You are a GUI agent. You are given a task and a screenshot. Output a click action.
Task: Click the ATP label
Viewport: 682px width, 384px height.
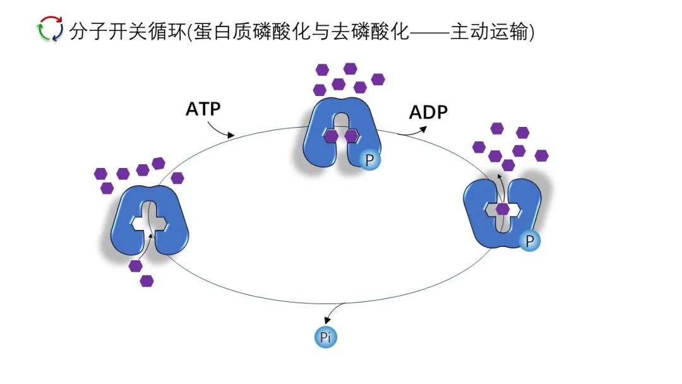tap(203, 109)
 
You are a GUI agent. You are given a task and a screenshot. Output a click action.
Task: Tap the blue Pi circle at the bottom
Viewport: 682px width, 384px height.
tap(326, 337)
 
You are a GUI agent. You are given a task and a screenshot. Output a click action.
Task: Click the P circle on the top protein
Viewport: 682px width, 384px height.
tap(370, 160)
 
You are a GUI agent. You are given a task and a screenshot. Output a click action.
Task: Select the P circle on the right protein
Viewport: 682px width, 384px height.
tap(530, 240)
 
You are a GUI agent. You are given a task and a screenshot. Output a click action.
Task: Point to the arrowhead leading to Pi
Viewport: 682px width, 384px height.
tap(326, 320)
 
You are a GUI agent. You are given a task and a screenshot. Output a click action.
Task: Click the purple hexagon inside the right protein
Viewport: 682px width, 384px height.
tap(503, 209)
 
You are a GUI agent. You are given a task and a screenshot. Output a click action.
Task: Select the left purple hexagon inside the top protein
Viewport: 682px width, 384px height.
tap(331, 136)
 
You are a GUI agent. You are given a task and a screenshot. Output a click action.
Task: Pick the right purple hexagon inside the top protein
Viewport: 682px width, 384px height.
tap(352, 136)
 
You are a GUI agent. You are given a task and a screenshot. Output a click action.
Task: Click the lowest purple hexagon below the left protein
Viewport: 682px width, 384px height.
tap(147, 281)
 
